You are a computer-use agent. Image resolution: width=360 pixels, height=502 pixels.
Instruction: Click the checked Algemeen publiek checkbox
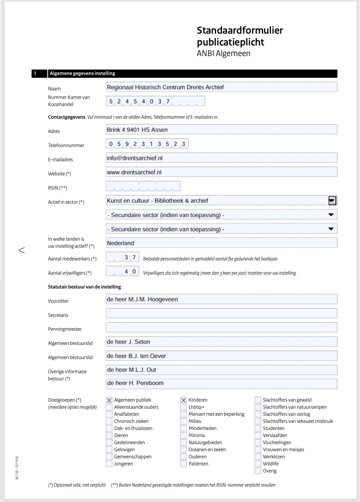109,400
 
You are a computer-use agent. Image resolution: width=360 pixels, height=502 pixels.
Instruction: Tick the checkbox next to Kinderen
184,400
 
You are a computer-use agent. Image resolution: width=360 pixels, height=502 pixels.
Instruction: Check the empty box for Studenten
258,428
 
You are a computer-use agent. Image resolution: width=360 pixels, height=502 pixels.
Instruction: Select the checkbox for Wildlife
258,464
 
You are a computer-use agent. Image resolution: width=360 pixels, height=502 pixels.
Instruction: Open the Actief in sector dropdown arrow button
332,201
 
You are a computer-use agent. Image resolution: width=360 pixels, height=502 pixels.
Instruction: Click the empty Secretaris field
221,313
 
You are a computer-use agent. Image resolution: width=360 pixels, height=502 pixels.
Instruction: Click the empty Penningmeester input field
221,327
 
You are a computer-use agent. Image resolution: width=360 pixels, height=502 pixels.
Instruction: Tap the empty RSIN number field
143,186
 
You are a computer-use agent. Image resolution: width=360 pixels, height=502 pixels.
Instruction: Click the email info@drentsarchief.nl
135,158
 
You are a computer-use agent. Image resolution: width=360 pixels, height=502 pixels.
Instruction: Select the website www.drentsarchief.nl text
134,172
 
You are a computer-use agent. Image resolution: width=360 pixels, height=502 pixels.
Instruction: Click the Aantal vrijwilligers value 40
130,271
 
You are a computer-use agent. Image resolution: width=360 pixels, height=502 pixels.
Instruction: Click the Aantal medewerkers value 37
130,257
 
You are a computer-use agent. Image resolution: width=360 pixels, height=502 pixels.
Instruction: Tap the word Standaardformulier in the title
240,30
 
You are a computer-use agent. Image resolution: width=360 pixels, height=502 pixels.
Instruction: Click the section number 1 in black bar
35,73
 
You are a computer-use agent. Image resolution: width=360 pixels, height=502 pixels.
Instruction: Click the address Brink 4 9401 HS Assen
137,130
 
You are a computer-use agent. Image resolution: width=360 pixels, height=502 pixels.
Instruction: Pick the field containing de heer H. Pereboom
221,383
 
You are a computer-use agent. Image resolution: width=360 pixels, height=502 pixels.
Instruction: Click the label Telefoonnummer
66,145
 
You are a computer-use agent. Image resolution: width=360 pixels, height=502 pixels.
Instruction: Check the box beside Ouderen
184,457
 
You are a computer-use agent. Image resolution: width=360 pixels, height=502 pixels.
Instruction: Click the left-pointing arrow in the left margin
22,250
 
